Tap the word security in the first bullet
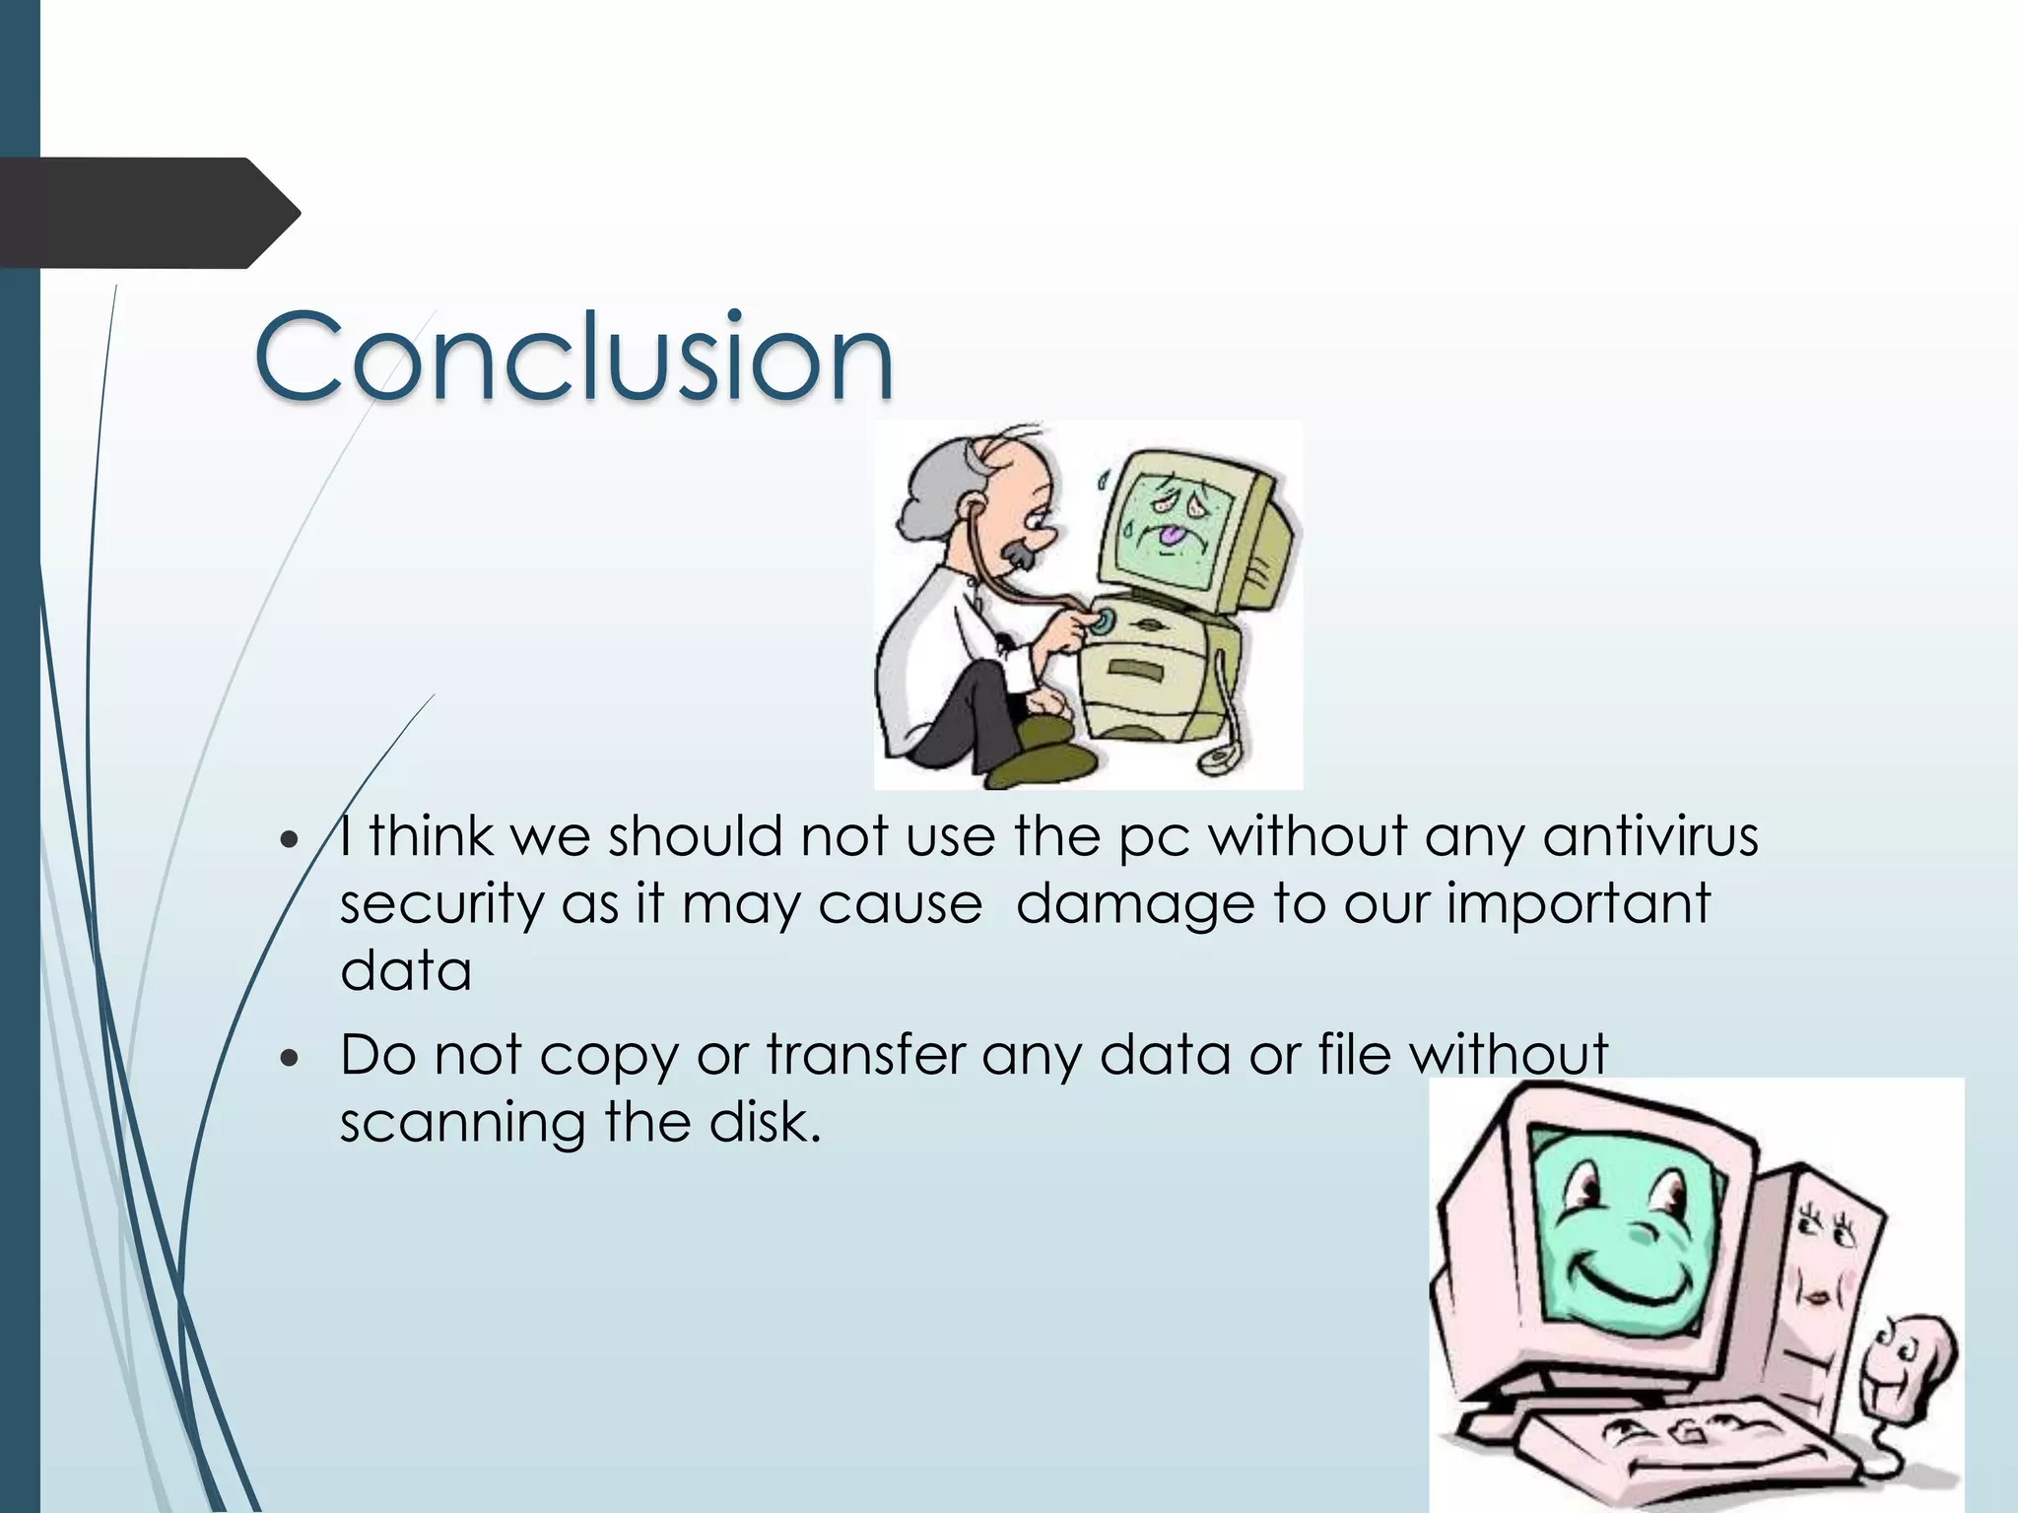click(x=441, y=904)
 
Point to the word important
click(x=1579, y=904)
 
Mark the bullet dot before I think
click(x=288, y=840)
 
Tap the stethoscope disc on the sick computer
click(x=1102, y=622)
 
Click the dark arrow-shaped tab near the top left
click(x=148, y=213)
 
